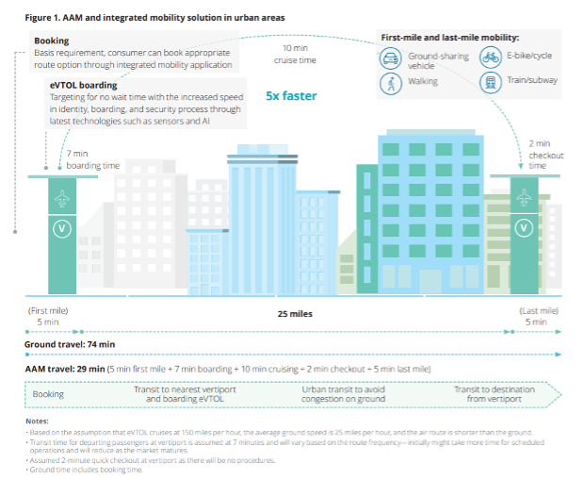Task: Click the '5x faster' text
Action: coord(291,96)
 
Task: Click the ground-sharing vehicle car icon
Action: coord(391,58)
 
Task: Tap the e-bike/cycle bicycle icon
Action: coord(491,58)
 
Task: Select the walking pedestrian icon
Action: coord(391,83)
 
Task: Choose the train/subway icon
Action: coord(491,83)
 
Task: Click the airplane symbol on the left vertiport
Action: coord(63,199)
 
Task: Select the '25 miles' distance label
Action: coord(295,314)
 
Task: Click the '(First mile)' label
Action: coord(47,310)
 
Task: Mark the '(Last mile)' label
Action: coord(539,310)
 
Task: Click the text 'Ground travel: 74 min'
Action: coord(69,345)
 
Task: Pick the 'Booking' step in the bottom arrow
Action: coord(49,394)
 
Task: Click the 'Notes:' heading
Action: coord(37,421)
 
